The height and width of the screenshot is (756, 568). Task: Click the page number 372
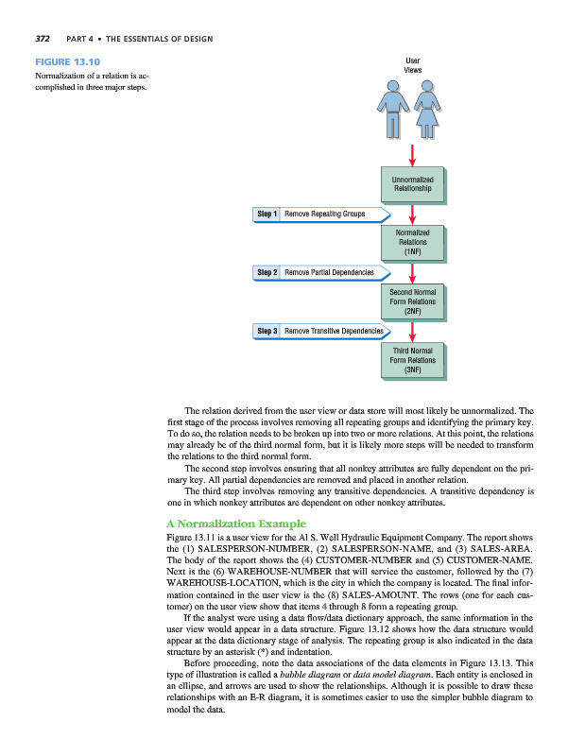tap(43, 39)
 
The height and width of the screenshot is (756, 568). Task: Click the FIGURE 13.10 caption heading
tap(68, 62)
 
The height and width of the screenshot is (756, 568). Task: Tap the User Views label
tap(413, 65)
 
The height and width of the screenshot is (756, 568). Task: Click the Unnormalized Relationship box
tap(412, 183)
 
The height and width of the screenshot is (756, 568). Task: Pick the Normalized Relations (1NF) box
tap(412, 243)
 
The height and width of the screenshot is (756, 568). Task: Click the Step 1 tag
tap(266, 215)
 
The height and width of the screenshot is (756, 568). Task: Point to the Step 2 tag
tap(266, 273)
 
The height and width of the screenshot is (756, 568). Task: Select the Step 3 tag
tap(266, 332)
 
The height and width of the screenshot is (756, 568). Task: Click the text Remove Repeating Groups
tap(324, 215)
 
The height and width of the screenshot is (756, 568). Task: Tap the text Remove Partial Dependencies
tap(329, 273)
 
